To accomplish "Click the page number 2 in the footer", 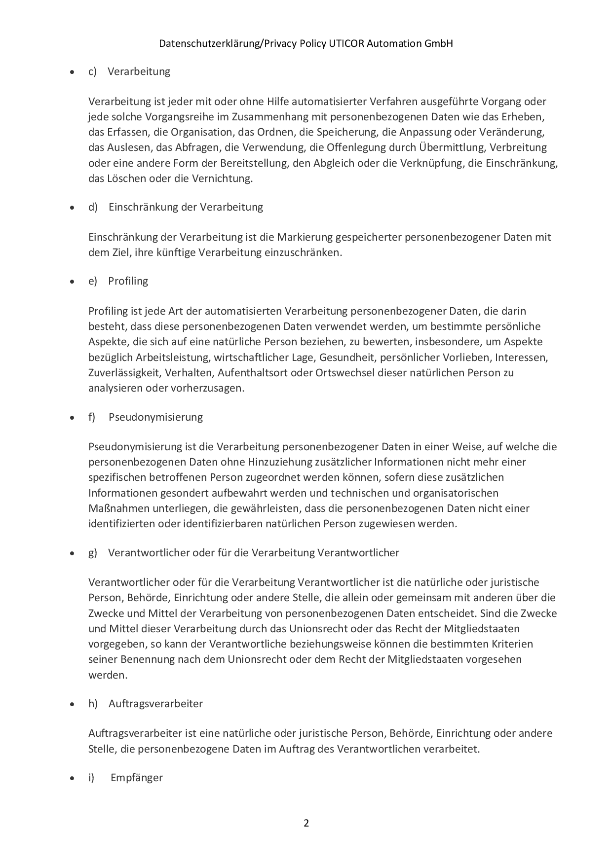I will (x=306, y=823).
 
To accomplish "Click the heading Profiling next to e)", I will (x=128, y=281).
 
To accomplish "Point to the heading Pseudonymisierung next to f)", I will (x=155, y=417).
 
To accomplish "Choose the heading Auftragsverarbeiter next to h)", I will (x=155, y=704).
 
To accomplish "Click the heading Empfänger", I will (x=137, y=778).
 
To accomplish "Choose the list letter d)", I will (x=93, y=207).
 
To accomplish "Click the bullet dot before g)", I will (x=73, y=553).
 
